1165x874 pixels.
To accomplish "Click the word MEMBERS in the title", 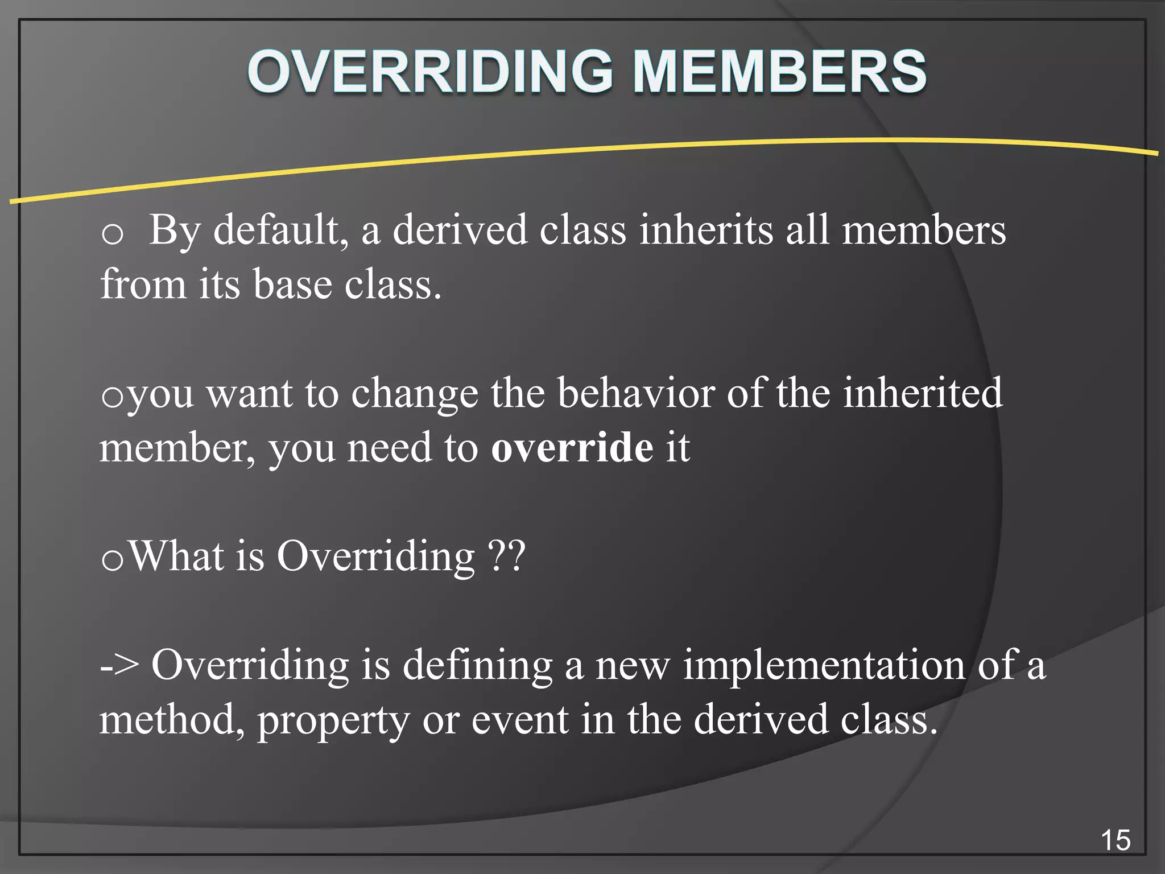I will (x=780, y=72).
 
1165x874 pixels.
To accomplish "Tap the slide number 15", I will (x=1116, y=840).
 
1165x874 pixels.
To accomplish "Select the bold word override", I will (x=572, y=448).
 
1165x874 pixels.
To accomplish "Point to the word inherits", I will (x=705, y=230).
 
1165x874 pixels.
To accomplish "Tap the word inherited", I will (x=922, y=393).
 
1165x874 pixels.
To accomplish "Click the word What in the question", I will (x=176, y=556).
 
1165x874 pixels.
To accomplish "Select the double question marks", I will (x=507, y=556).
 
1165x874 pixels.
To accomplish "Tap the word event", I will (x=520, y=720).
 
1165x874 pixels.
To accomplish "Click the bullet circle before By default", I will (x=112, y=234).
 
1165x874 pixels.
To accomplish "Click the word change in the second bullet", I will (x=415, y=394).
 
